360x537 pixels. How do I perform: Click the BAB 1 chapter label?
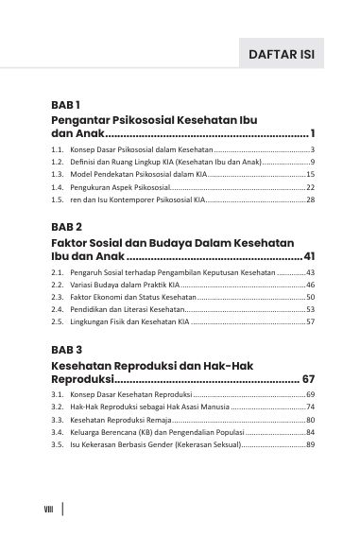click(66, 104)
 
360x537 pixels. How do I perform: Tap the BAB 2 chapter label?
click(67, 227)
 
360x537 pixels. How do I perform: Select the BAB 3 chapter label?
click(67, 349)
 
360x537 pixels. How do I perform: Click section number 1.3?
click(58, 175)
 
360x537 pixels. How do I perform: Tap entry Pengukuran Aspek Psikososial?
click(119, 188)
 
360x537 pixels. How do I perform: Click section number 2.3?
click(58, 297)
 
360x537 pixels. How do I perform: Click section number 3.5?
click(58, 444)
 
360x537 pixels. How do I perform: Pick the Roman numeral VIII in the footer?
click(48, 510)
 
